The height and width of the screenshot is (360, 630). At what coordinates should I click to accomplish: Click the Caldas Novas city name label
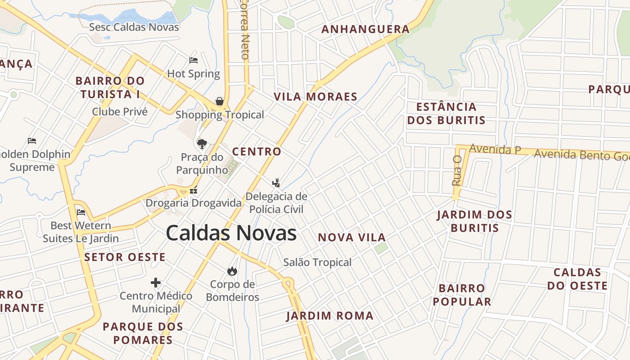tap(231, 233)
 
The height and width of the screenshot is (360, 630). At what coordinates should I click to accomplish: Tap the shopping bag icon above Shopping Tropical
tap(220, 101)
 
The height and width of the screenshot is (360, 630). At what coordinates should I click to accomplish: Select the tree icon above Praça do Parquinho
tap(202, 144)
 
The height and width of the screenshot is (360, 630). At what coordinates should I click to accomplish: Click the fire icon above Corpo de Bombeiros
tap(232, 270)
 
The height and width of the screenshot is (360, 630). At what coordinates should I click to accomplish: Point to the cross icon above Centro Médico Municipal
tap(156, 283)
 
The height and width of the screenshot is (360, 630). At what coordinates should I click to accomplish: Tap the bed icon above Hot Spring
tap(193, 60)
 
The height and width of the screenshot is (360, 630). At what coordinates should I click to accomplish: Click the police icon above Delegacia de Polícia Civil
tap(276, 183)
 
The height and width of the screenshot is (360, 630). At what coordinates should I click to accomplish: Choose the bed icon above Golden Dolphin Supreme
tap(32, 141)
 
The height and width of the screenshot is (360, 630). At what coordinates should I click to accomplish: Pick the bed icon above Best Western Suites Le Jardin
tap(81, 212)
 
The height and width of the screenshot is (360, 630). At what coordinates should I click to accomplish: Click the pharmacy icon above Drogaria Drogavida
tap(193, 190)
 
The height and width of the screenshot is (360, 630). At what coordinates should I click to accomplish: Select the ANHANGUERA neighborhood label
tap(365, 30)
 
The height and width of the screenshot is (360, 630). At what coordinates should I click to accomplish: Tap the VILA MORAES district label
tap(315, 97)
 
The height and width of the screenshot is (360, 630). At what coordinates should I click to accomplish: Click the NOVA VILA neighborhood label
tap(352, 238)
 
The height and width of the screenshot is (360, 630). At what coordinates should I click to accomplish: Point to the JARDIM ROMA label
tap(330, 316)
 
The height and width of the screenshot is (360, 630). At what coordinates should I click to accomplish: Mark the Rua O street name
tap(457, 171)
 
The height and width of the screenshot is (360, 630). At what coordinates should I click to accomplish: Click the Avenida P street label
tap(495, 149)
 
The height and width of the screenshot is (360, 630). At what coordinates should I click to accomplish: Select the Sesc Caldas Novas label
tap(134, 27)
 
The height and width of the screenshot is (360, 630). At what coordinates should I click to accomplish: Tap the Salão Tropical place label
tap(317, 262)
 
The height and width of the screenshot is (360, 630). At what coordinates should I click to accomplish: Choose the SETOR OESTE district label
tap(125, 257)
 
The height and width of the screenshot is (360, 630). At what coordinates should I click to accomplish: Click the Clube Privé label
tap(120, 112)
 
